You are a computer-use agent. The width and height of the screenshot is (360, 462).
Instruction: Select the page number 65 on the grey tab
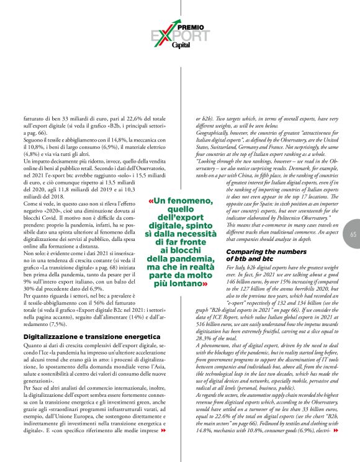pos(353,234)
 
